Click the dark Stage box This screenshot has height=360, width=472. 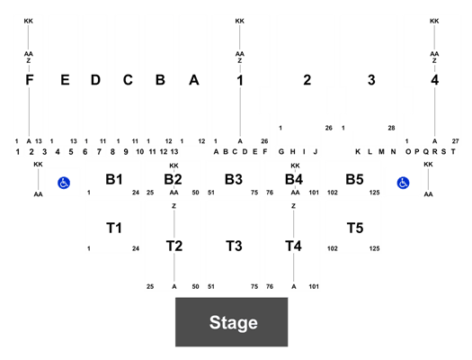coord(231,322)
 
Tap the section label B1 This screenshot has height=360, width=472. coord(114,179)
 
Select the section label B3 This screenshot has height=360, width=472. coord(234,179)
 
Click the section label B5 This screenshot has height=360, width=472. coord(354,179)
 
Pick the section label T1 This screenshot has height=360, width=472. coord(114,228)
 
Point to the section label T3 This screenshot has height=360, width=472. coord(234,246)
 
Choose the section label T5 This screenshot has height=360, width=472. coord(355,228)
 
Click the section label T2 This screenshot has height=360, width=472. coord(174,246)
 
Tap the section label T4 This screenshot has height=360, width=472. coord(293,246)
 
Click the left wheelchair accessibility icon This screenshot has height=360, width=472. coord(64,183)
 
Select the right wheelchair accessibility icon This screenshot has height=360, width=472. coord(403,183)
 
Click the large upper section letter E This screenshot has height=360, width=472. coord(66,80)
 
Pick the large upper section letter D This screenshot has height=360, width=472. coord(95,80)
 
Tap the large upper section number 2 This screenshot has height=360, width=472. coord(307,80)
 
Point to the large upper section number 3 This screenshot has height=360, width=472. coord(371,80)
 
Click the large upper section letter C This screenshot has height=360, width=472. coord(128,80)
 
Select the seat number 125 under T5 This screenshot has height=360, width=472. coord(375,248)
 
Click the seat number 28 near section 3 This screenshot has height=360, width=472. coord(391,128)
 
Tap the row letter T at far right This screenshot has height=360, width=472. coord(453,151)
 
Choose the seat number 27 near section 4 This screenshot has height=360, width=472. coord(456,141)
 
